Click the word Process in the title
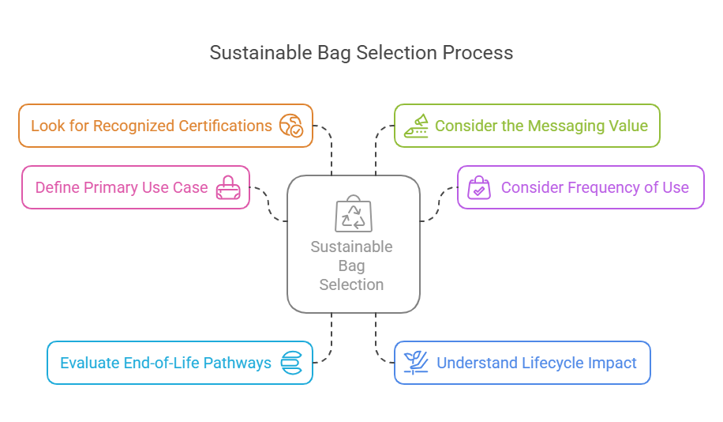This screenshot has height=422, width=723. (x=478, y=53)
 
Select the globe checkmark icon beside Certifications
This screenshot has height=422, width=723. (x=291, y=126)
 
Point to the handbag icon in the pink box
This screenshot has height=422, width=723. (x=228, y=188)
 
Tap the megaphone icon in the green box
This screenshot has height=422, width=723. (x=416, y=126)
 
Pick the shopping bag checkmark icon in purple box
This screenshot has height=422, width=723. (x=479, y=188)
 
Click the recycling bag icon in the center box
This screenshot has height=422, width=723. (x=353, y=214)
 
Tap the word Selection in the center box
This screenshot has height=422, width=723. (x=352, y=284)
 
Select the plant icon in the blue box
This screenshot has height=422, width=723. (x=416, y=363)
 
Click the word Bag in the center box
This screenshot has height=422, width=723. (x=352, y=266)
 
